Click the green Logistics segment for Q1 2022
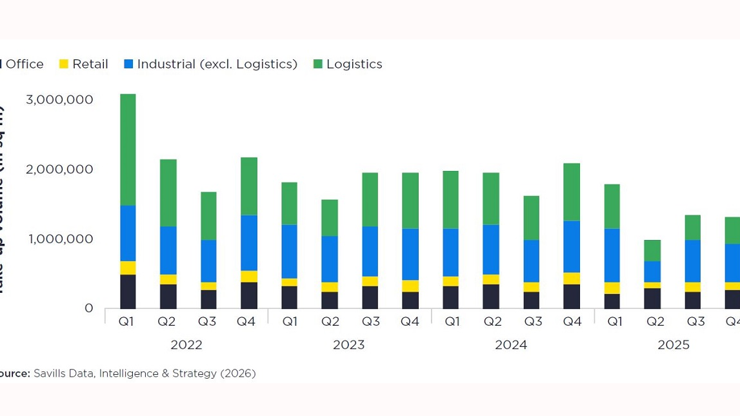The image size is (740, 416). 128,150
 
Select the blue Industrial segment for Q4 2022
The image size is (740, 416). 248,243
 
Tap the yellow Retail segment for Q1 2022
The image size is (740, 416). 128,268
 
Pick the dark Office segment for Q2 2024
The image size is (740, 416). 490,296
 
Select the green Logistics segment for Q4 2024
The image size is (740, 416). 571,192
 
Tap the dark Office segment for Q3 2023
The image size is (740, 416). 370,297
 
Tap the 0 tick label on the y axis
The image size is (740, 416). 89,308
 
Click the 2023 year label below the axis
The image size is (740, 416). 348,345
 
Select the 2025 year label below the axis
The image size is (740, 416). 673,345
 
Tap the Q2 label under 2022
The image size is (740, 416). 168,321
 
